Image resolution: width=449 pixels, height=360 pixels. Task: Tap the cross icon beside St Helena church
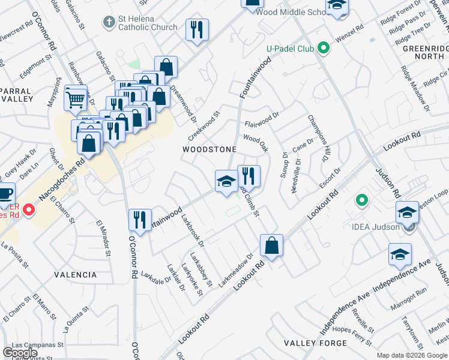pos(109,22)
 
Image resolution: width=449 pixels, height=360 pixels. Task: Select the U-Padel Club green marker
pos(325,48)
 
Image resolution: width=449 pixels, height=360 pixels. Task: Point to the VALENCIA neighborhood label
pos(75,275)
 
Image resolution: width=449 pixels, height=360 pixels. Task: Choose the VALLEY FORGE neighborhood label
pos(315,343)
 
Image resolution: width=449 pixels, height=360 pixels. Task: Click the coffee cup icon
pos(5,194)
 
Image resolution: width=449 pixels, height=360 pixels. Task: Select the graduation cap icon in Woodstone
pos(226,181)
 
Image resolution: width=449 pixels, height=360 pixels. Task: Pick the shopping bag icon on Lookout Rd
pos(271,245)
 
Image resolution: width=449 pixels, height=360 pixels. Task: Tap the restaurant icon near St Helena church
pos(197,30)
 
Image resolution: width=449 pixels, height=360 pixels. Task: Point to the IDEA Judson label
pos(379,227)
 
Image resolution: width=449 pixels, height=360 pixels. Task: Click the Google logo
pos(20,353)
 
